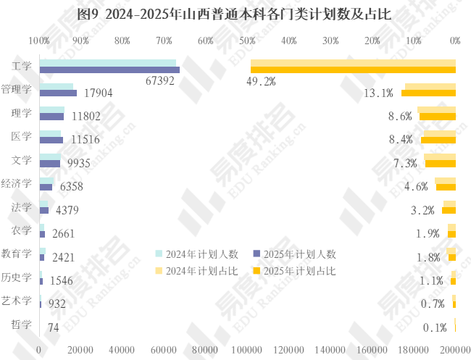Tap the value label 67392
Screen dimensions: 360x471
pyautogui.click(x=160, y=81)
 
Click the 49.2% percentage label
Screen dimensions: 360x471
pyautogui.click(x=261, y=81)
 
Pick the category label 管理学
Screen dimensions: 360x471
pyautogui.click(x=17, y=90)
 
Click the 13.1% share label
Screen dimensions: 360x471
pyautogui.click(x=378, y=93)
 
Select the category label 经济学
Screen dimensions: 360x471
pyautogui.click(x=17, y=183)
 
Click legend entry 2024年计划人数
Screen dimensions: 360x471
pyautogui.click(x=196, y=254)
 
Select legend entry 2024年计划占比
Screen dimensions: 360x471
pyautogui.click(x=196, y=271)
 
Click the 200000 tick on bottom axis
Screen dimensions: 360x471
pyautogui.click(x=455, y=350)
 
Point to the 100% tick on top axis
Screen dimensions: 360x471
pyautogui.click(x=39, y=41)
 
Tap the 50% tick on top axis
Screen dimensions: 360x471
pyautogui.click(x=247, y=41)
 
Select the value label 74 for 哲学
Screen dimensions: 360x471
pyautogui.click(x=53, y=327)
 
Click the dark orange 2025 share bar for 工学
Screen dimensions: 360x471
pyautogui.click(x=353, y=70)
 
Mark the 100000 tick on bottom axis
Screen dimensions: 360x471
pyautogui.click(x=247, y=350)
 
